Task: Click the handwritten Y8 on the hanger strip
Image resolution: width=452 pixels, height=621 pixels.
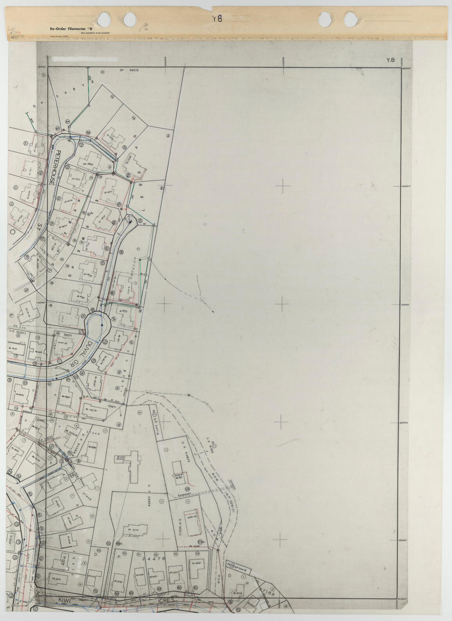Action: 217,18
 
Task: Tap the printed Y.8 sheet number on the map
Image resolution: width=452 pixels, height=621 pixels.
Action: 390,60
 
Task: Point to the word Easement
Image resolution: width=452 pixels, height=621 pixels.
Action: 184,495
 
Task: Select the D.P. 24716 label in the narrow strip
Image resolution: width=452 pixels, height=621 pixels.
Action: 155,425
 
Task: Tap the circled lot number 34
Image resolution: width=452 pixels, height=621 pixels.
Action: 197,554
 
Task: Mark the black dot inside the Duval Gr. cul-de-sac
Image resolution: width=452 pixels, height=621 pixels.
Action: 101,325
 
